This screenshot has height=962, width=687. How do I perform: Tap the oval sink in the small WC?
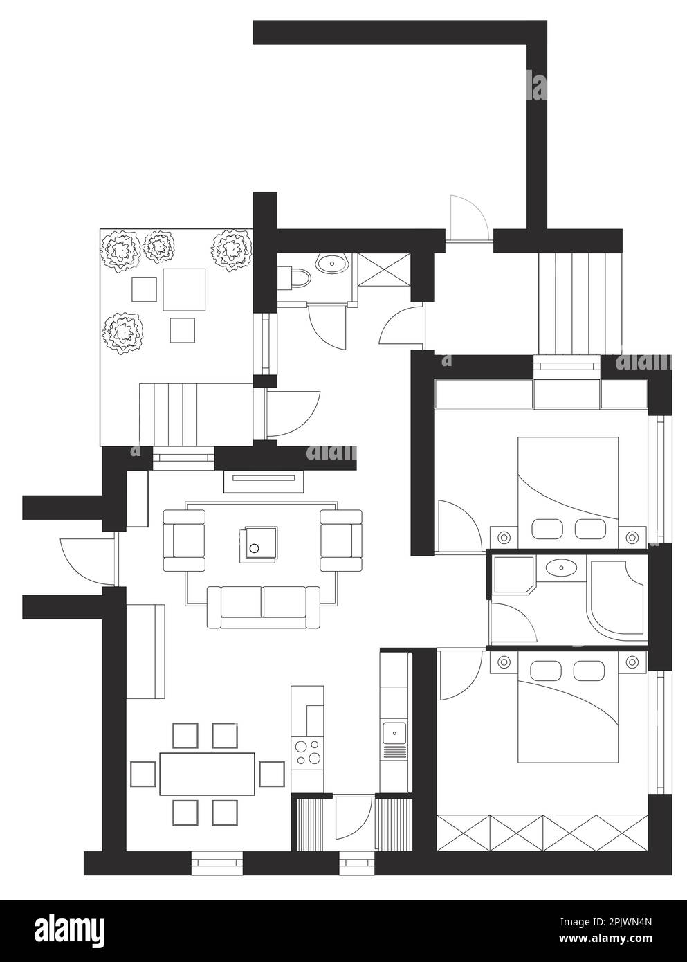[x=331, y=262]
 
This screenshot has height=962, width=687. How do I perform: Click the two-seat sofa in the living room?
[x=263, y=607]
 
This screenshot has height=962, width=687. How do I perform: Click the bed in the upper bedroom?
[x=568, y=493]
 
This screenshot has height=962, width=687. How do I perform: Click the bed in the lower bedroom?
[x=568, y=707]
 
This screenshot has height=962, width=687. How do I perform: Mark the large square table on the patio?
[x=184, y=289]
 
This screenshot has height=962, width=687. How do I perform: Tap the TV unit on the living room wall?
[x=264, y=482]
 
